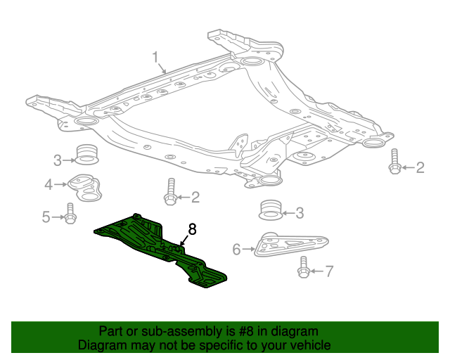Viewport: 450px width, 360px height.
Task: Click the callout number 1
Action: coord(156,57)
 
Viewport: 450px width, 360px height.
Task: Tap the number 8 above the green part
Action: coord(192,229)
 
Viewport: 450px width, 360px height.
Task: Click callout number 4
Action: coord(49,185)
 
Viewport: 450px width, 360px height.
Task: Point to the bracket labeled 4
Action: coord(86,186)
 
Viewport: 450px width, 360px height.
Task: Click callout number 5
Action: coord(46,217)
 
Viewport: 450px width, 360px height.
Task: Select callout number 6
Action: coord(236,248)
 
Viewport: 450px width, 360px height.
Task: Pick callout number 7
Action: coord(330,271)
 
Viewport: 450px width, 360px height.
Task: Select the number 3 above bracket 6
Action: coord(299,212)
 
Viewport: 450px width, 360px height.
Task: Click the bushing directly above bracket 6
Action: coord(270,210)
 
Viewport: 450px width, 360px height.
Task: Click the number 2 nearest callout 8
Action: coord(195,198)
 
